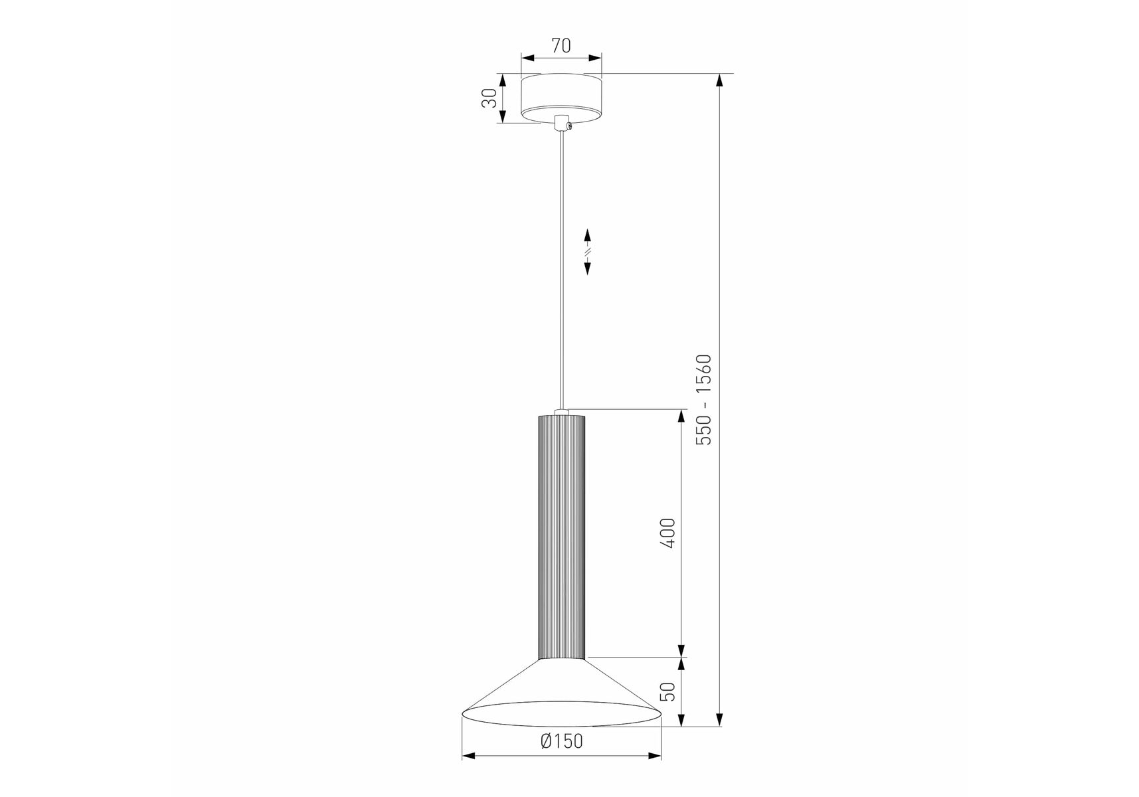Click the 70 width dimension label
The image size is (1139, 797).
coord(561,46)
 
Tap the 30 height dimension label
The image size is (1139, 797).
coord(489,98)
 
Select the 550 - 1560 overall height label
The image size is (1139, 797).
coord(703,400)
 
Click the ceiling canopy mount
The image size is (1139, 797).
coord(561,99)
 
